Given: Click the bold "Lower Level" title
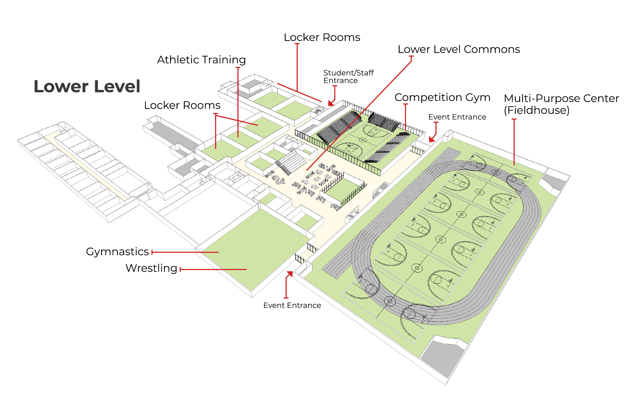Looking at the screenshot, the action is click(87, 86).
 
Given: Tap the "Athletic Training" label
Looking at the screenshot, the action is click(201, 60).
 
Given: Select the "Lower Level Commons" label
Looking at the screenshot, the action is click(459, 49).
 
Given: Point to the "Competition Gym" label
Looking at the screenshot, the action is click(442, 97).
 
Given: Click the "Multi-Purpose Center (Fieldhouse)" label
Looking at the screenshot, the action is click(561, 104).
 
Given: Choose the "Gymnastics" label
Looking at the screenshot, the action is click(118, 252).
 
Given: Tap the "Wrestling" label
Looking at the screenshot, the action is click(151, 268).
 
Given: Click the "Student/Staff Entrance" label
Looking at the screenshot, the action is click(348, 77).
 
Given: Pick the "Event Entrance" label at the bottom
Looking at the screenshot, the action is click(292, 305).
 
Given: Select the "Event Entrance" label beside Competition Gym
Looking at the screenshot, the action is click(457, 117).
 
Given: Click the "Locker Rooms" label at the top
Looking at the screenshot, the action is click(322, 37).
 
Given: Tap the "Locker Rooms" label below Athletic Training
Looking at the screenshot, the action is click(182, 105).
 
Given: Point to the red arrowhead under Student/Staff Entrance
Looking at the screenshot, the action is click(331, 103).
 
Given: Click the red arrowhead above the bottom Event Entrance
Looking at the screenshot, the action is click(290, 274).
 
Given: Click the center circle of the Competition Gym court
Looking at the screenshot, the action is click(363, 140).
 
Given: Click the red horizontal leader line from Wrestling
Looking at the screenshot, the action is click(213, 269).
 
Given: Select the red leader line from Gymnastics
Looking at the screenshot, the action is click(185, 252).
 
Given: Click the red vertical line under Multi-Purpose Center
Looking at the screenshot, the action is click(514, 142).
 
